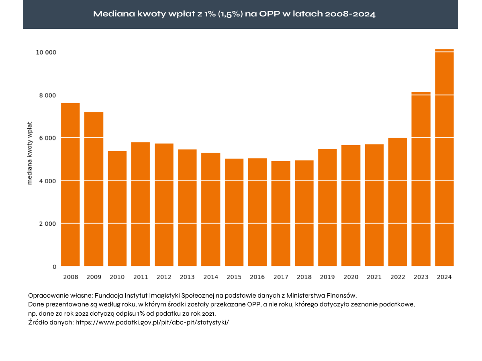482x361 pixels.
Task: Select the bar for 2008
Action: point(70,185)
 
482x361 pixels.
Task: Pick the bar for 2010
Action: point(117,209)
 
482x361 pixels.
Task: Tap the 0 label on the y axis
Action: point(55,267)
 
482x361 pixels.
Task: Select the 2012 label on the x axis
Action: point(164,277)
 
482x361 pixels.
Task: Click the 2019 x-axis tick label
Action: point(327,277)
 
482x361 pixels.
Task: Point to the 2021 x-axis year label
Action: point(374,277)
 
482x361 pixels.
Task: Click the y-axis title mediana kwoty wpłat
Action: point(30,153)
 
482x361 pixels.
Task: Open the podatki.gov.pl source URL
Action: point(152,322)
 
